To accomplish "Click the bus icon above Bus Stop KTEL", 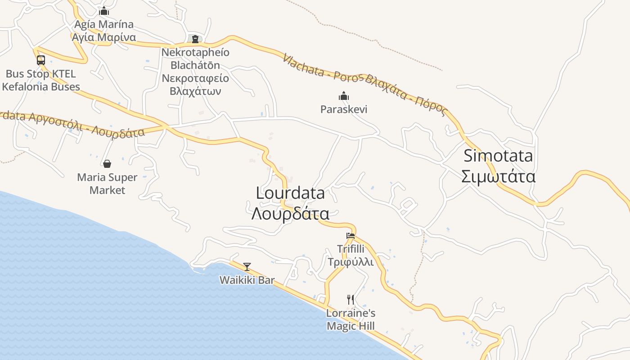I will (41, 60).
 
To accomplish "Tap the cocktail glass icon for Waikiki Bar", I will (247, 267).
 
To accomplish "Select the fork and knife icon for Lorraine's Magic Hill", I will (351, 299).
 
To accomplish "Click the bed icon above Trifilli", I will (351, 235).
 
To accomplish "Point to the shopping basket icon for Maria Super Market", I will (107, 164).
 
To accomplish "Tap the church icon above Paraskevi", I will (344, 96).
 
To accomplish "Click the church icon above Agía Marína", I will (104, 11).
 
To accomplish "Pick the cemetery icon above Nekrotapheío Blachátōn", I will (195, 39).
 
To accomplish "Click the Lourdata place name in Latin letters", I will (290, 193).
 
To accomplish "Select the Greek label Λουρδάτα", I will (290, 213).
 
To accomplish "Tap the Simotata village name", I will (498, 156).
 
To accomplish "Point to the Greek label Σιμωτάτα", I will (498, 176).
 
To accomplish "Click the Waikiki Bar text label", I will (247, 280).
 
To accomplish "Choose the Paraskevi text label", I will (344, 109).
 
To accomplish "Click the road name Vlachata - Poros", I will (322, 69).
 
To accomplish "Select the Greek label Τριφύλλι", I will (351, 262).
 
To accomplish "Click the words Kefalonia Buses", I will (41, 87).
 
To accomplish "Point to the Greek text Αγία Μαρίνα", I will (104, 37).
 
